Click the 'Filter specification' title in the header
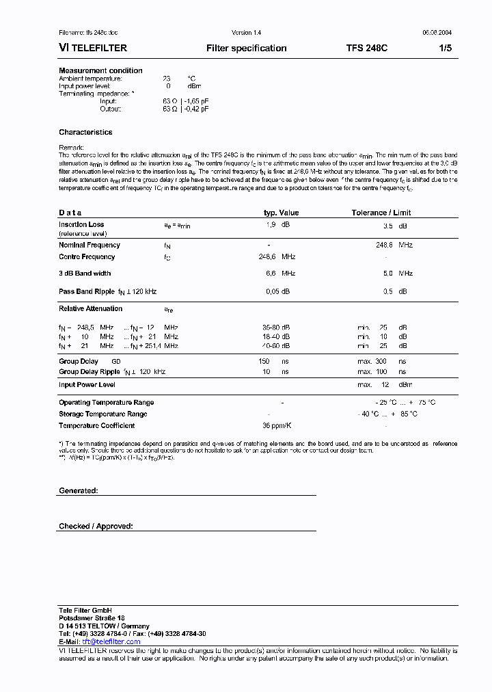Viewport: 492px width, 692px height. (x=246, y=49)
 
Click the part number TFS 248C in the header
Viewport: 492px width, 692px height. (x=367, y=49)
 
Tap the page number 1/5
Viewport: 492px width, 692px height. (x=445, y=49)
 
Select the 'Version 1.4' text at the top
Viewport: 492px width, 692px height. (x=246, y=33)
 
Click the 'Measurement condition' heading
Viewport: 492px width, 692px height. (x=100, y=70)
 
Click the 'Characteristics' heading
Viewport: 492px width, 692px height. (x=85, y=132)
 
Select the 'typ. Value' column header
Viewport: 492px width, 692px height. (x=281, y=213)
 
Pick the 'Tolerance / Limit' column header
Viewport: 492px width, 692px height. (x=381, y=213)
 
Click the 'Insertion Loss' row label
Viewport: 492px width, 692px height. (x=81, y=224)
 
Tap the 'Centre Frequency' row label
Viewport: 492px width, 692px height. (x=87, y=257)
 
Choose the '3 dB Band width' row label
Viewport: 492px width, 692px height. (x=85, y=274)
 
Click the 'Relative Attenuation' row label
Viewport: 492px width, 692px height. (x=91, y=308)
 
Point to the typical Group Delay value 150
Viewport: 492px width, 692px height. (x=264, y=361)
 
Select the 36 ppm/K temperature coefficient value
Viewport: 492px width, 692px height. (x=277, y=425)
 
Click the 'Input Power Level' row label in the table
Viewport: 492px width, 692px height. (x=87, y=385)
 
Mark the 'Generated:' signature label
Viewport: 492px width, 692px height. (x=79, y=491)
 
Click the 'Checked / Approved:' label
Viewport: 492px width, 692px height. (x=96, y=526)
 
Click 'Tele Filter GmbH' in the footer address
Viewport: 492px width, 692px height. (x=85, y=610)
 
